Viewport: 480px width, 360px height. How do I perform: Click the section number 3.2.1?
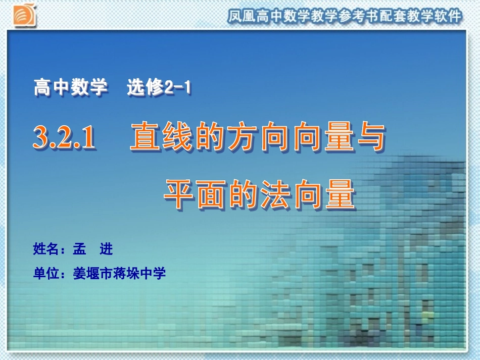(x=64, y=138)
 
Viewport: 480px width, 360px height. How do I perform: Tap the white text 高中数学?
(x=71, y=88)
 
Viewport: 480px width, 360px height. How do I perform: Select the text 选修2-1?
(x=159, y=88)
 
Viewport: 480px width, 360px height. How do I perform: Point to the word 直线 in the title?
(x=162, y=137)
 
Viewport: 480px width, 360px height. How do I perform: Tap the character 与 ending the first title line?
(x=371, y=137)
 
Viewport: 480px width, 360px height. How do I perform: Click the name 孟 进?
(x=92, y=249)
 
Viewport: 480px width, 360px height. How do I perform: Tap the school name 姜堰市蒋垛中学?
(x=119, y=274)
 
